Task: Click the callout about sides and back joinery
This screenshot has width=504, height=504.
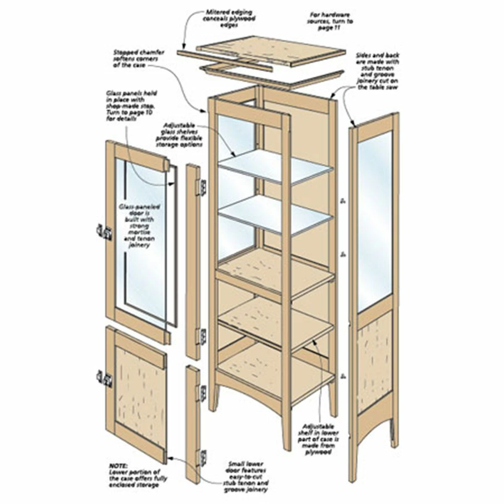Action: (378, 71)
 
